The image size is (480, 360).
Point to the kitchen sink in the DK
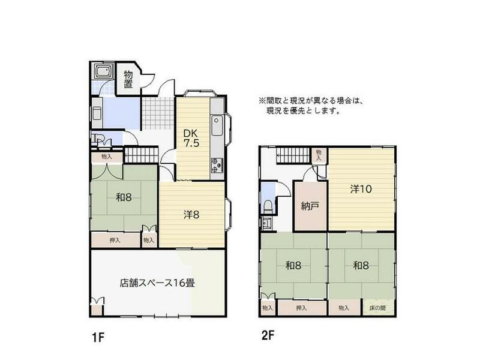point(217,128)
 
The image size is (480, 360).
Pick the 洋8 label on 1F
point(191,214)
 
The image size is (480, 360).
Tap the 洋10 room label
point(361,188)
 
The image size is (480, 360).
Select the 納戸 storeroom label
point(310,206)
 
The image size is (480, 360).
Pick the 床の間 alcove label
point(378,308)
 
